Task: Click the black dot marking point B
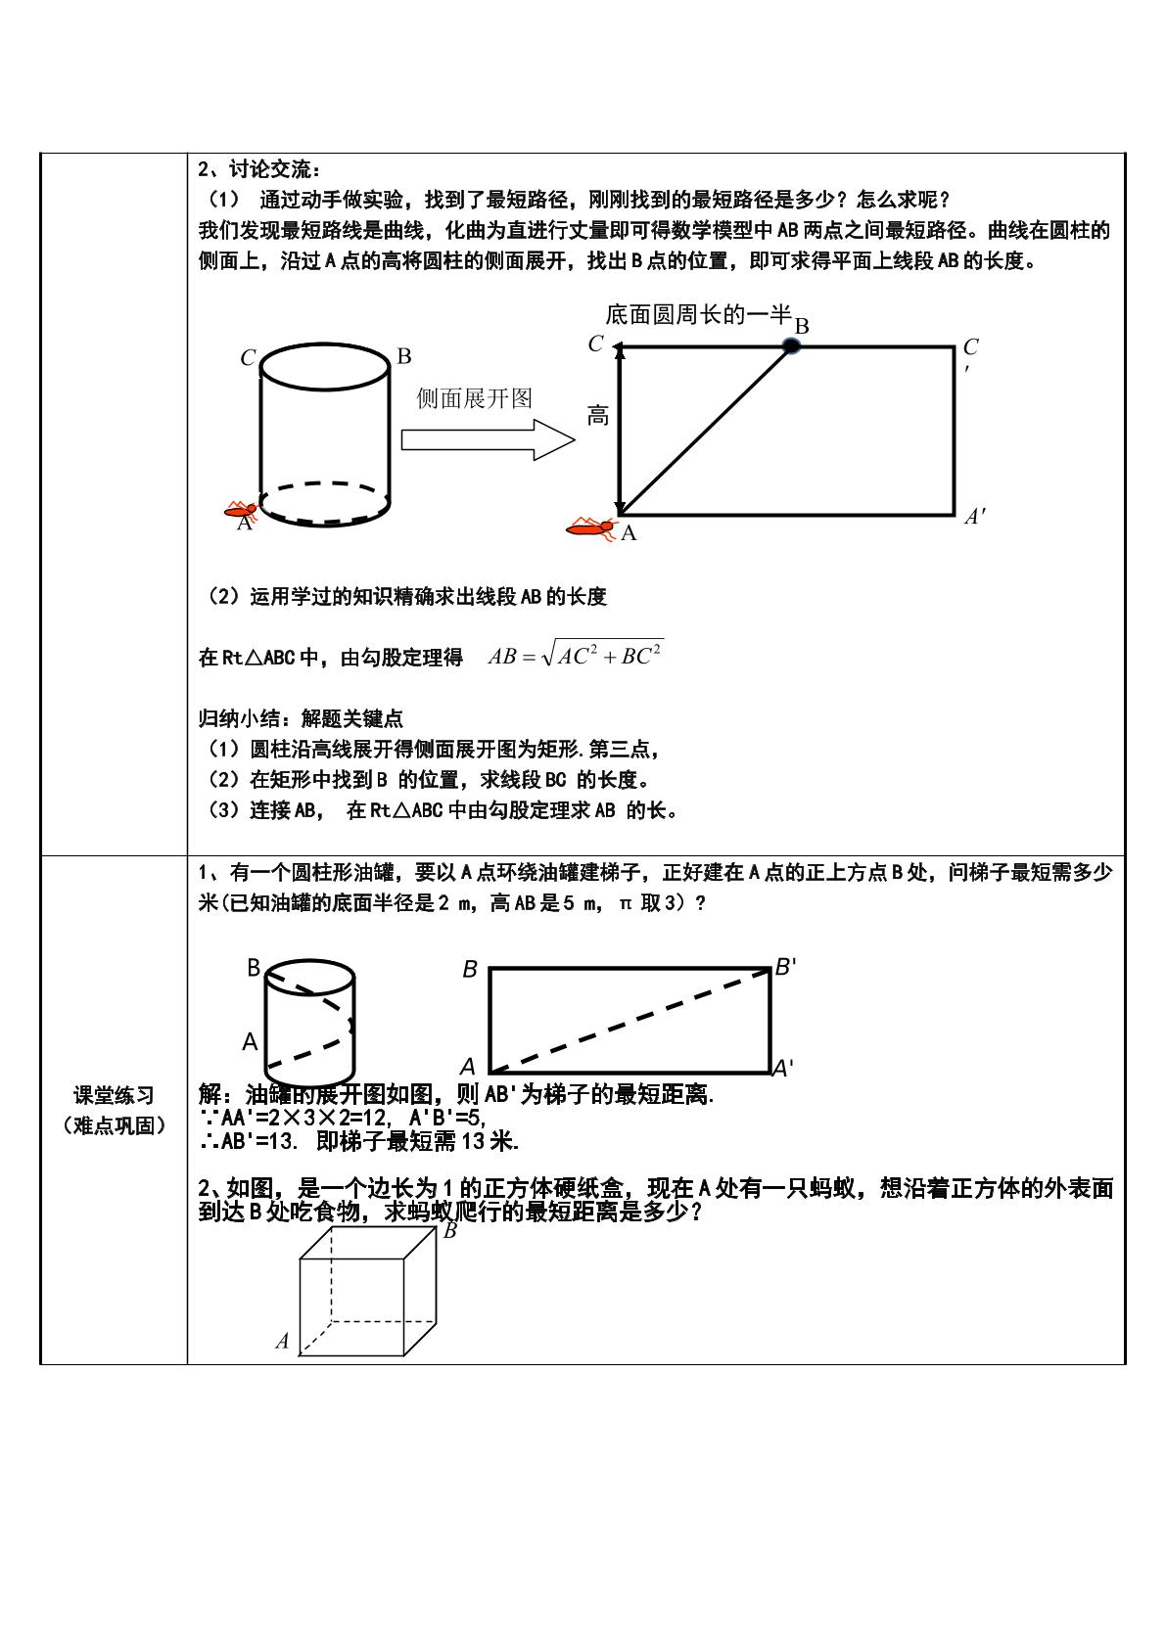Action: point(791,345)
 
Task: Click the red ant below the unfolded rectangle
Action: point(590,527)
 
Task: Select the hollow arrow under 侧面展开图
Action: point(488,440)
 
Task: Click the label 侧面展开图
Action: point(474,398)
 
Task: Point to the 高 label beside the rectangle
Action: point(598,416)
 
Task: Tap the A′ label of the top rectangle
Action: point(975,516)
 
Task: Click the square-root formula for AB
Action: point(576,654)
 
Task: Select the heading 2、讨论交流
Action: point(259,169)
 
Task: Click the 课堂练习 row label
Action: point(114,1095)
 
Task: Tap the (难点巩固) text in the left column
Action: point(114,1124)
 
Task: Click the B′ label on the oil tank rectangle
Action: point(785,967)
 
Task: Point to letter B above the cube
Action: point(449,1230)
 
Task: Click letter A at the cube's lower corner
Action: point(282,1341)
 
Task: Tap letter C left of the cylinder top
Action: point(248,357)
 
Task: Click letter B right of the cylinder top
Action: point(404,356)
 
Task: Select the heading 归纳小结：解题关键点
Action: point(301,718)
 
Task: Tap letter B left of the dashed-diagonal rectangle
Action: point(470,970)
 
